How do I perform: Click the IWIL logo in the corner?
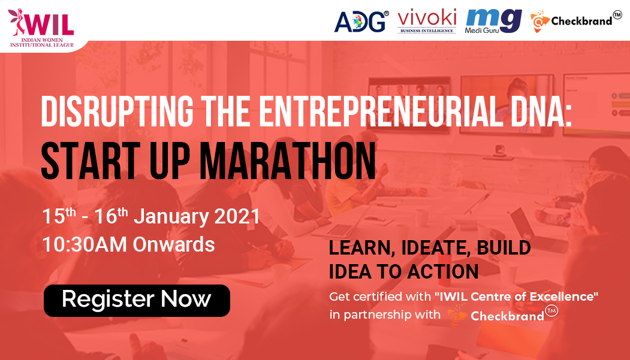[41, 28]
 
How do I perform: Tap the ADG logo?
[361, 22]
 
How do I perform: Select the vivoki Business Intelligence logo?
[427, 22]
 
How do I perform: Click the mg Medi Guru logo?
[493, 21]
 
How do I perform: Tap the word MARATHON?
[288, 161]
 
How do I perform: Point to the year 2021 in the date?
[237, 216]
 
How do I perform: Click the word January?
[171, 217]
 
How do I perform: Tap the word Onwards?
[174, 244]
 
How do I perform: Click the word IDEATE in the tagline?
[436, 248]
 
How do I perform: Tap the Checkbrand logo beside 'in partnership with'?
[503, 314]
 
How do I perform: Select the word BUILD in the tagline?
[504, 248]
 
